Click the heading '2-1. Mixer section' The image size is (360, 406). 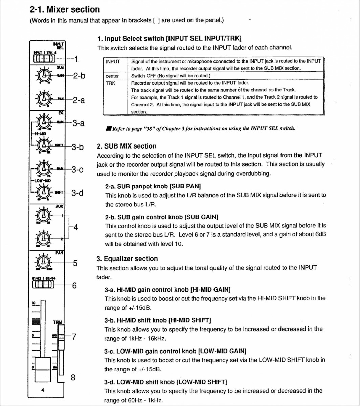click(65, 9)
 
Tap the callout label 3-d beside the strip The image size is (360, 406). click(77, 193)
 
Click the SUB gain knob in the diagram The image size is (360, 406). click(44, 75)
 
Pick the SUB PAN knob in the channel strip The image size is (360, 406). click(44, 99)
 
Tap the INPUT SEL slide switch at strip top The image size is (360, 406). click(44, 59)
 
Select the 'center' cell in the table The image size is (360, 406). click(112, 76)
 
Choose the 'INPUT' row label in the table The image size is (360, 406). click(113, 61)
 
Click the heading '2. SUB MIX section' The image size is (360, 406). click(127, 146)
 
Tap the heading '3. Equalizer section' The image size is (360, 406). click(127, 259)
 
